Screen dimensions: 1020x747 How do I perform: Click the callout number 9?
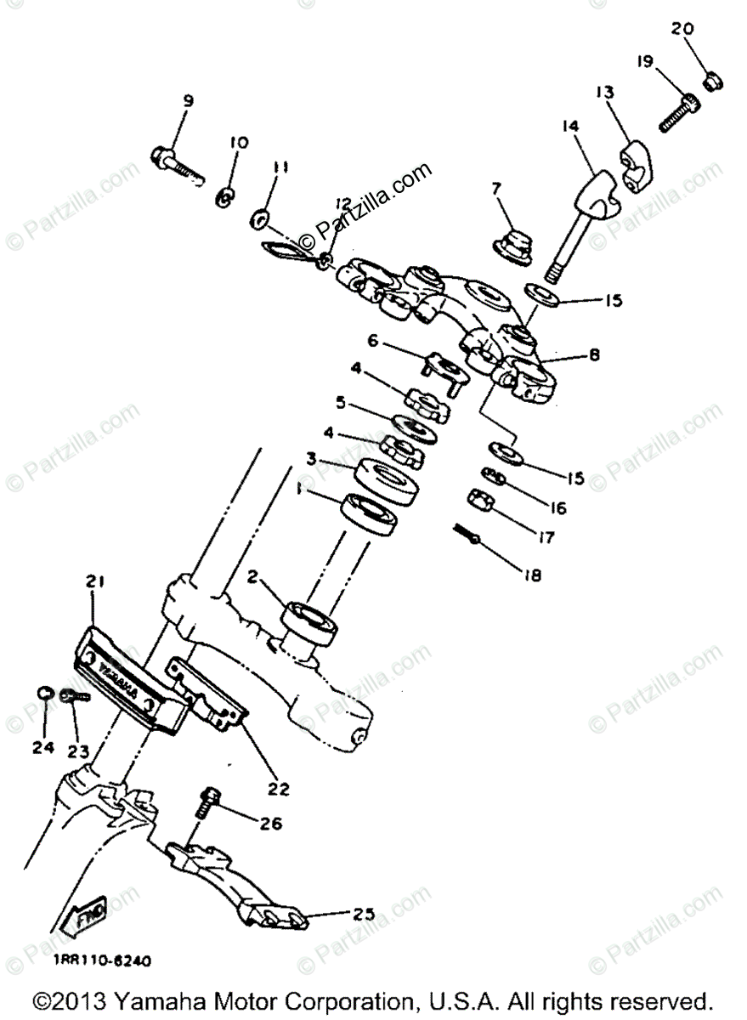click(188, 101)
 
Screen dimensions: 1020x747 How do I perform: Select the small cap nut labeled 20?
click(714, 81)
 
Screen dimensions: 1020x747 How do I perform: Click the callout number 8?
click(594, 355)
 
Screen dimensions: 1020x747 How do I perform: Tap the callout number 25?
click(363, 914)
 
